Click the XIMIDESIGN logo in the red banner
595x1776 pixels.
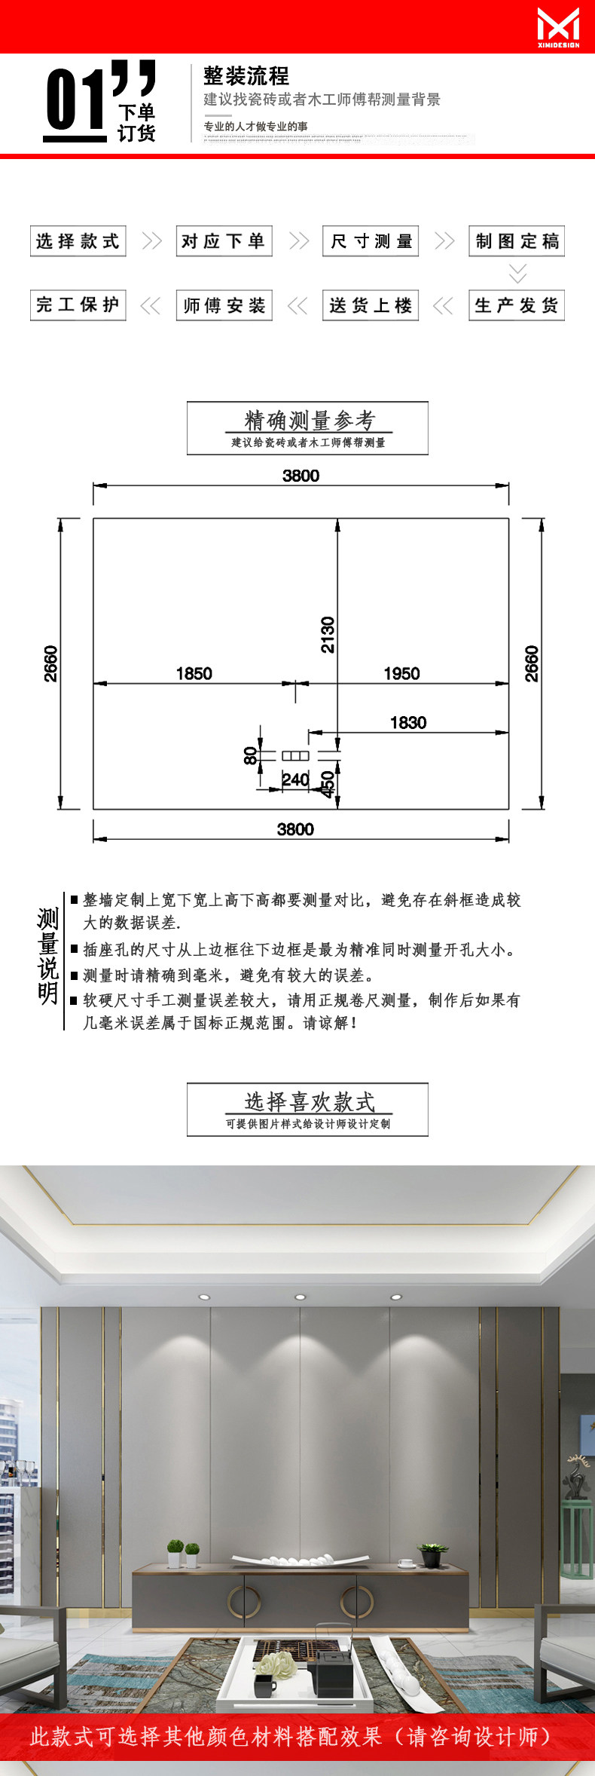(x=558, y=27)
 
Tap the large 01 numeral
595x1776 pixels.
(x=75, y=99)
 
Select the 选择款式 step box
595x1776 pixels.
(x=78, y=241)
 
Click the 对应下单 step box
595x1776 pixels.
(x=224, y=241)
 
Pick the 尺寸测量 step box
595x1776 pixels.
(x=370, y=241)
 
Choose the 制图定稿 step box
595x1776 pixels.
(x=516, y=241)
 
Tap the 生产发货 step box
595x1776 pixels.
(x=516, y=305)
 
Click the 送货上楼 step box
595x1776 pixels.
(x=370, y=305)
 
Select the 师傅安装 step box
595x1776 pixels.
(x=224, y=305)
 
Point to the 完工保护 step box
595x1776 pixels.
(x=78, y=305)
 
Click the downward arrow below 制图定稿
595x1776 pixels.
(x=517, y=273)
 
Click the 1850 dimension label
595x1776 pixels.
(x=194, y=673)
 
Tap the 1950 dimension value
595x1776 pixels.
(x=401, y=673)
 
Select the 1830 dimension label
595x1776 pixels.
(x=408, y=722)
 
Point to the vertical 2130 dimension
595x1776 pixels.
(x=328, y=635)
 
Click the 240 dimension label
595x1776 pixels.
(x=295, y=779)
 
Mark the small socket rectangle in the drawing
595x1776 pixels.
(x=295, y=755)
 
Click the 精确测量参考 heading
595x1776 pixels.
(x=308, y=421)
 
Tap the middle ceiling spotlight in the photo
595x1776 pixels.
(x=300, y=1297)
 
